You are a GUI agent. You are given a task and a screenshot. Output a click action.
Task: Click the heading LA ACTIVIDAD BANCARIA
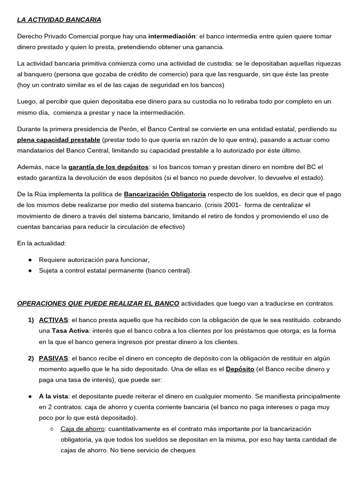(59, 20)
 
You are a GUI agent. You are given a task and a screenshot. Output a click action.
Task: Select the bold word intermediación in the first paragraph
(172, 36)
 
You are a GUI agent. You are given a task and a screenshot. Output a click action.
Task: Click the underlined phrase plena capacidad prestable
(59, 140)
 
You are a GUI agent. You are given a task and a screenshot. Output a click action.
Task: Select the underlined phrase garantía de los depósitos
(108, 167)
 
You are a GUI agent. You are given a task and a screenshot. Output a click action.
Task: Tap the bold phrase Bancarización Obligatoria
(165, 194)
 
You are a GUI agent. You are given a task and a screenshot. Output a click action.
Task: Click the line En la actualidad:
(42, 243)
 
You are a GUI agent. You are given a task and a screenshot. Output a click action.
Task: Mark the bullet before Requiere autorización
(30, 260)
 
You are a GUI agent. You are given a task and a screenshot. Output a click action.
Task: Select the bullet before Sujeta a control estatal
(30, 270)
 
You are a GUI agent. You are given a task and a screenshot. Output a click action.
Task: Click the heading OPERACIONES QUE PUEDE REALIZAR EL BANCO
(98, 303)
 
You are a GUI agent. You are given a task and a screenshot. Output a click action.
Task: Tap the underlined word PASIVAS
(53, 358)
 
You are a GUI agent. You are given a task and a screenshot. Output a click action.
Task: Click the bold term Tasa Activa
(70, 330)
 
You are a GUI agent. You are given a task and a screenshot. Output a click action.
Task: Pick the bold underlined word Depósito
(240, 369)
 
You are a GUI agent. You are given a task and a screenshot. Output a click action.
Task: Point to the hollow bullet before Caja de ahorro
(52, 429)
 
